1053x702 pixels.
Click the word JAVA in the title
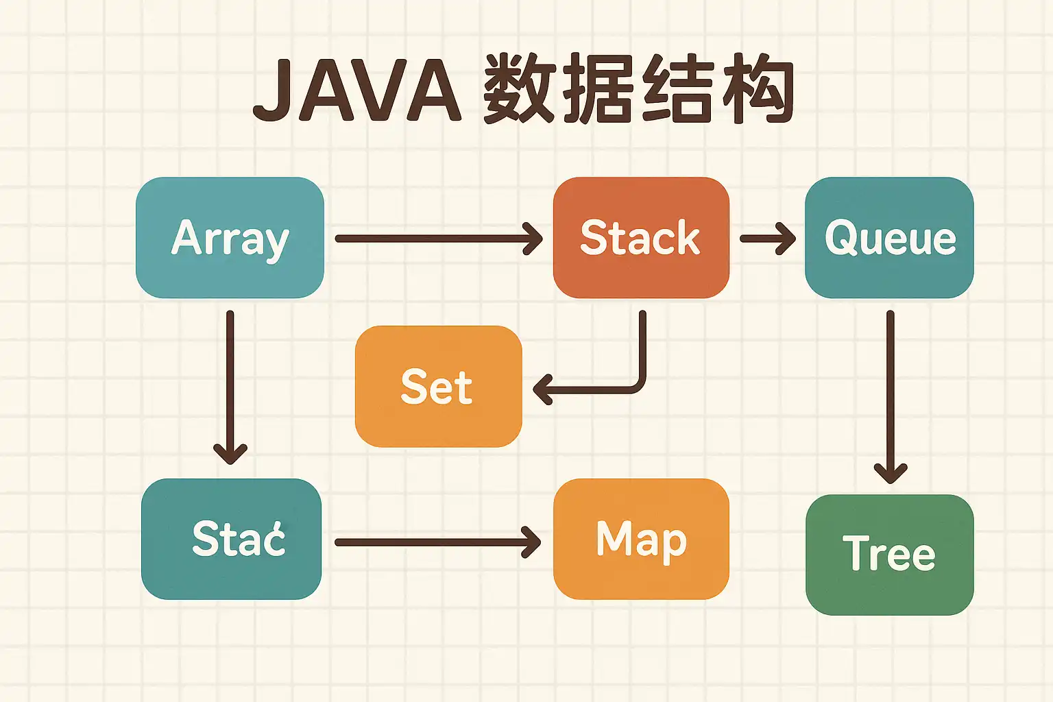click(356, 91)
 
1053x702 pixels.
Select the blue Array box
click(230, 237)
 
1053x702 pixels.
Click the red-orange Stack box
click(641, 237)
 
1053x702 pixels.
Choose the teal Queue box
click(889, 237)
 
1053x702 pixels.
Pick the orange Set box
click(438, 387)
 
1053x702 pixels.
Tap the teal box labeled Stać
click(231, 539)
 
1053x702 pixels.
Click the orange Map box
click(641, 539)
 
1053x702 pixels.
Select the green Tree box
click(889, 555)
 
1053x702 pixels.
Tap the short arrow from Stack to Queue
click(767, 239)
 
